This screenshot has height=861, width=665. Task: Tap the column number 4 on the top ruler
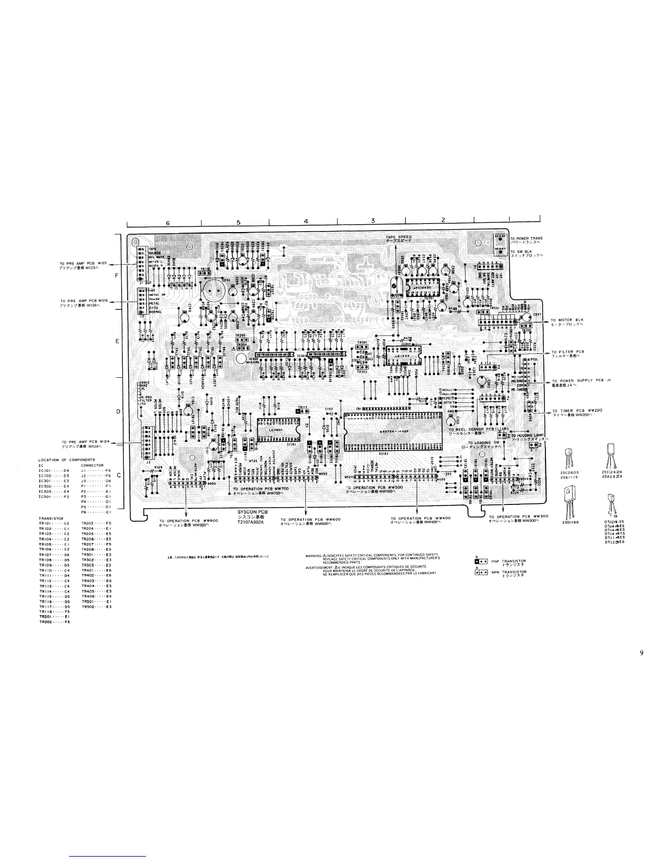(x=306, y=221)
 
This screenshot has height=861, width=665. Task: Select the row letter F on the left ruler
(x=116, y=276)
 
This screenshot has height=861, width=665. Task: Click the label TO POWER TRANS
(x=526, y=238)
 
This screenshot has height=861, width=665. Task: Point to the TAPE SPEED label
(x=398, y=239)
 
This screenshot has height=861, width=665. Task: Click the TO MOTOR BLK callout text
(x=566, y=320)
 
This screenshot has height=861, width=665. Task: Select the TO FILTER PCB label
(x=567, y=352)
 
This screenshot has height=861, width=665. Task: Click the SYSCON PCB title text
(x=250, y=513)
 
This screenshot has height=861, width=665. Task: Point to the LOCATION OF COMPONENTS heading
(x=67, y=460)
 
